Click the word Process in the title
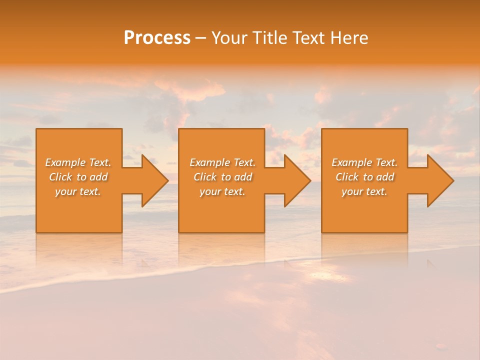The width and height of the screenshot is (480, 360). click(x=157, y=38)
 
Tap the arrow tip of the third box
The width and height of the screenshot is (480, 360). click(x=452, y=180)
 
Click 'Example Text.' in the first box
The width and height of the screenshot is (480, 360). click(x=78, y=162)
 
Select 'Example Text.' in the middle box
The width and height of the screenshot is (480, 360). click(x=222, y=162)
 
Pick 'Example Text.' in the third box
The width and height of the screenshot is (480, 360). click(x=364, y=162)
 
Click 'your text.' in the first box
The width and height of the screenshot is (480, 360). click(x=78, y=191)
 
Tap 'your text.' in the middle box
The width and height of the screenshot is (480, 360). click(x=222, y=191)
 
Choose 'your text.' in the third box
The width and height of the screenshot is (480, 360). click(x=364, y=191)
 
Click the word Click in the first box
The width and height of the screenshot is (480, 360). click(x=61, y=177)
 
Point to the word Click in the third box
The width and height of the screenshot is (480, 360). click(x=347, y=177)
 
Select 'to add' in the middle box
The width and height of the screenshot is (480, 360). click(x=236, y=177)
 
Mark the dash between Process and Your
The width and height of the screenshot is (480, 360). click(x=201, y=38)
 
